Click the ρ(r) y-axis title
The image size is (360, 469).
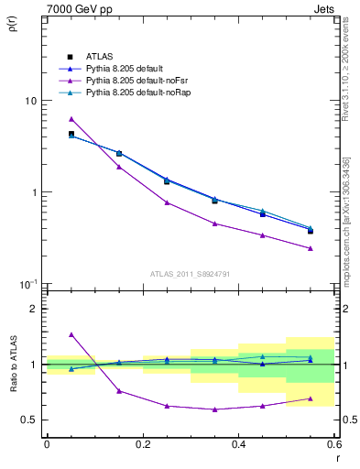[12, 24]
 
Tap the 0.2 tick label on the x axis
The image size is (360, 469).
[142, 445]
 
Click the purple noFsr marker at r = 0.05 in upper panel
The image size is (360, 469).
[71, 119]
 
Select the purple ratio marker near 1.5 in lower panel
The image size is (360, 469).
[71, 335]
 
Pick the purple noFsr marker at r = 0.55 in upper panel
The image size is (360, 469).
[311, 248]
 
